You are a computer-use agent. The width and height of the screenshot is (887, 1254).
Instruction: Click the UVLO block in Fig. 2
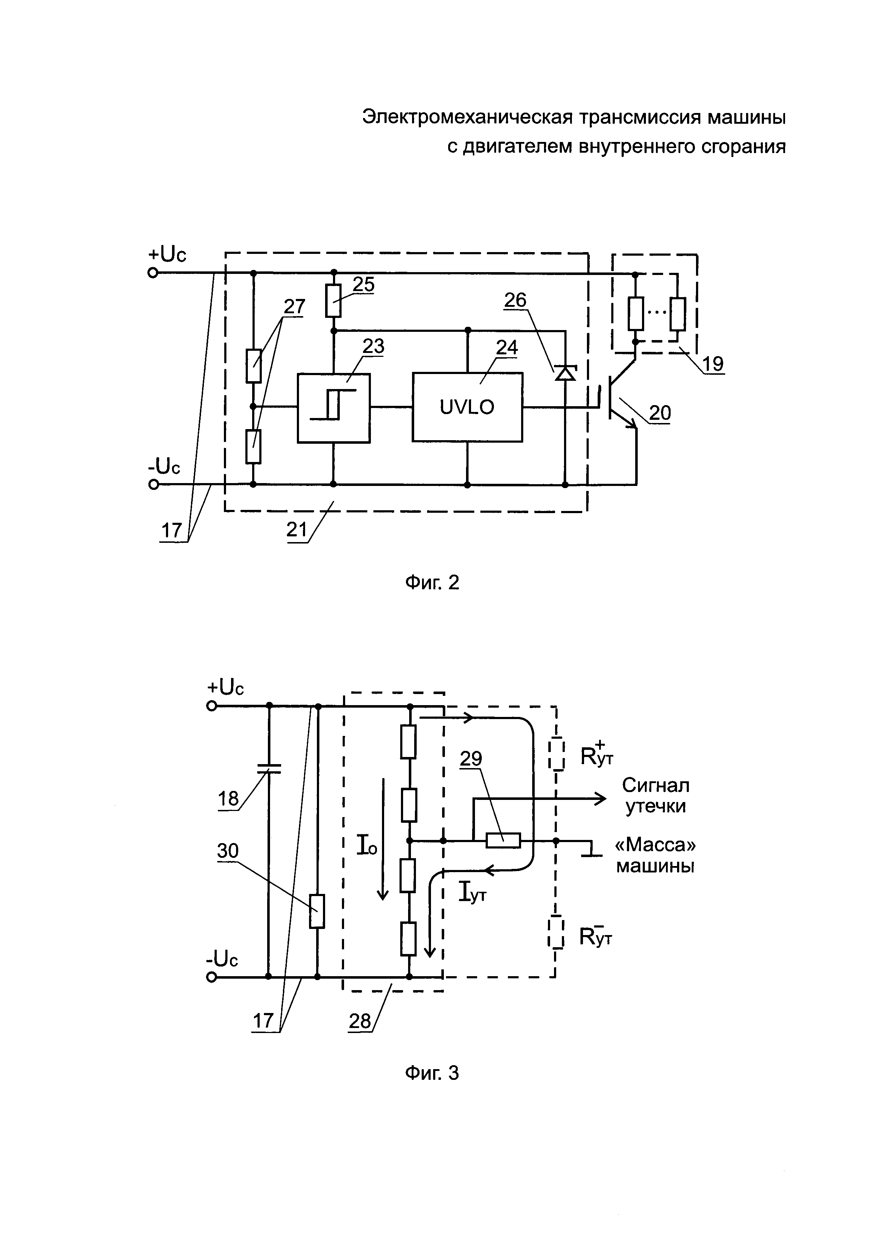[467, 407]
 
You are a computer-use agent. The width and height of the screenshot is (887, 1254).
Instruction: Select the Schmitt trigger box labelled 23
[333, 407]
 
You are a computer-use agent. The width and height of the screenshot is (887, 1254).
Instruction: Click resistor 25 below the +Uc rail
[333, 300]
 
